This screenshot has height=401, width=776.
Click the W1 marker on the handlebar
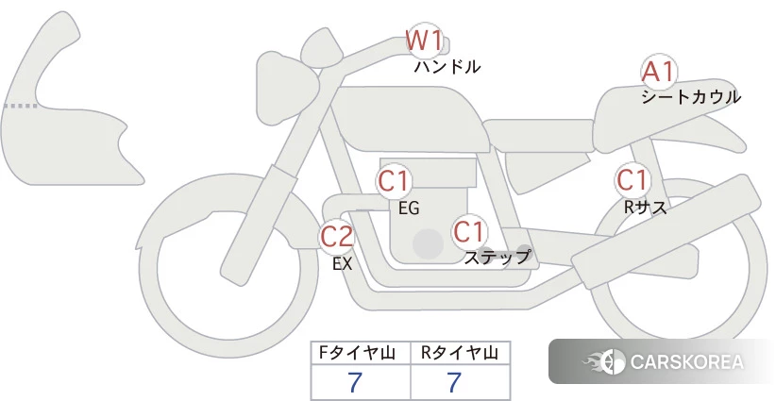coord(424,41)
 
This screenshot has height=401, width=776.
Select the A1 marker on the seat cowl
coord(659,73)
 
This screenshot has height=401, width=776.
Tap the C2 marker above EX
coord(337,236)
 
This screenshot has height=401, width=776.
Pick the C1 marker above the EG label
coord(395,181)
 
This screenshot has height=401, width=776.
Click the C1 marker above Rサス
coord(633,180)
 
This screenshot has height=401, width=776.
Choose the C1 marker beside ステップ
coord(470,231)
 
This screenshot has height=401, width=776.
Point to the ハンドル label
coord(447,66)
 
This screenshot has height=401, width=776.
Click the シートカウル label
coord(691,97)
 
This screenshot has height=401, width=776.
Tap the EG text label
coord(409,209)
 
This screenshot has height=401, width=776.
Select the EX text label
coord(342,264)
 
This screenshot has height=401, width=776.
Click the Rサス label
coord(645,208)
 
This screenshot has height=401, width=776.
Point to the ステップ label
coord(497,258)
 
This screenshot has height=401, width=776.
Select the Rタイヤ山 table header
coord(460,353)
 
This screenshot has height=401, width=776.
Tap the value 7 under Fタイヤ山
coord(355,382)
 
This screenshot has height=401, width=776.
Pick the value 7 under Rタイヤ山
coord(454,382)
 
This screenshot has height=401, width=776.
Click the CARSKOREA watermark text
coord(687,361)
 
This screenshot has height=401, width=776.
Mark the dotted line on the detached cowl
coord(20,106)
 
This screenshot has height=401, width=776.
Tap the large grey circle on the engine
coord(428,243)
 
